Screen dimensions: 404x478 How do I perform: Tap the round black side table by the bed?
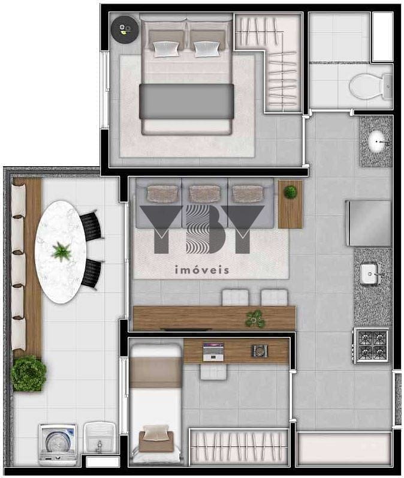[x=125, y=29]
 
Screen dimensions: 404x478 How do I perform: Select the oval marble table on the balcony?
[x=61, y=252]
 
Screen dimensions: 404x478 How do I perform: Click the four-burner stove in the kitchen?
[x=371, y=345]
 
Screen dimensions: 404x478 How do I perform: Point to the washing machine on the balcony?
[x=58, y=444]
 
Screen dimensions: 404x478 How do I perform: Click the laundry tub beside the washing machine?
[x=99, y=437]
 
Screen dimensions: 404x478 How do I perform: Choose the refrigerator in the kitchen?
[x=369, y=223]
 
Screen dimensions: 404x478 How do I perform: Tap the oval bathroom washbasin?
[x=378, y=142]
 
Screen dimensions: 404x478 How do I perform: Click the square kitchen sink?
[x=370, y=273]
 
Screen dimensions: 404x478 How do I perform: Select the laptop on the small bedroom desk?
[x=213, y=352]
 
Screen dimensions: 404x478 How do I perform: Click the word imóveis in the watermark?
[x=201, y=270]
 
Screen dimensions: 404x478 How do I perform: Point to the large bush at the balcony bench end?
[x=29, y=373]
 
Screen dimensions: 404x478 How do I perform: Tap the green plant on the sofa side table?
[x=290, y=192]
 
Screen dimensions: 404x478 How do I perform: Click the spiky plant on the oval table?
[x=62, y=252]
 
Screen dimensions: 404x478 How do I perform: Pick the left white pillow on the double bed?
[x=166, y=49]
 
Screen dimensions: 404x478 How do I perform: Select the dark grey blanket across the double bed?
[x=186, y=101]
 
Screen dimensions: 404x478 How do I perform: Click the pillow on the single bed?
[x=156, y=433]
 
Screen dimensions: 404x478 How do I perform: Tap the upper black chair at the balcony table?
[x=91, y=226]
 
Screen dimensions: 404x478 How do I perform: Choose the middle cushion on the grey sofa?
[x=205, y=194]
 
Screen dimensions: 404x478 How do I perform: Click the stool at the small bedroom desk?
[x=213, y=372]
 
